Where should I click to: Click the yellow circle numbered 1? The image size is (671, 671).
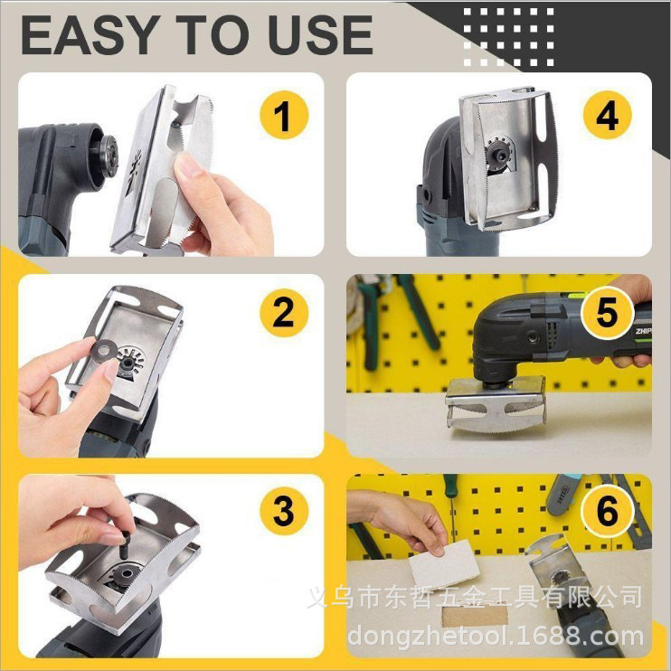(284, 118)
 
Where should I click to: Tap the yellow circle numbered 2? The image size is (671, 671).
(284, 314)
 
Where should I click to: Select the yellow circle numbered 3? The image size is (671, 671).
(284, 511)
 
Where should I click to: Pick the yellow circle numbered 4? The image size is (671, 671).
(608, 118)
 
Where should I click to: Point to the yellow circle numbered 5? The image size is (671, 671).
(608, 314)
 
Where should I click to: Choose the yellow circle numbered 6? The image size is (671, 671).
(608, 511)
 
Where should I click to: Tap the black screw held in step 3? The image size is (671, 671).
(122, 543)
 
